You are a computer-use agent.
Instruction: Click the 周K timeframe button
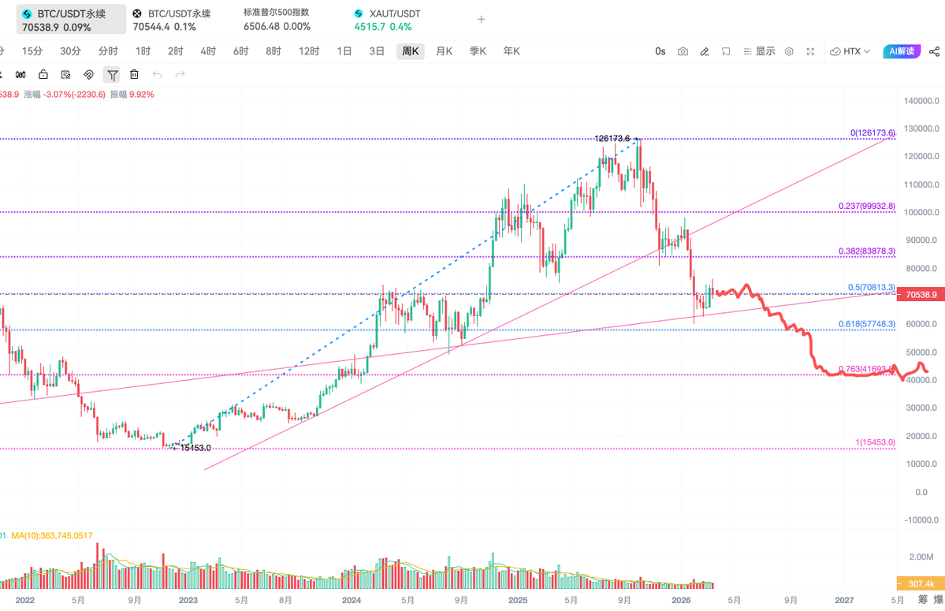[410, 51]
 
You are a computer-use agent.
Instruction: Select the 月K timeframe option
[444, 51]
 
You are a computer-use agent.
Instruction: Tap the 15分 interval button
[32, 51]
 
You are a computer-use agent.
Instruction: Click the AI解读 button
[901, 51]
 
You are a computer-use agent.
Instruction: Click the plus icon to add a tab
[482, 20]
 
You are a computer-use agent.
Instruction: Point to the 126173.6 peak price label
[612, 138]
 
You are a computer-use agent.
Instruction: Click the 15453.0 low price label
[195, 448]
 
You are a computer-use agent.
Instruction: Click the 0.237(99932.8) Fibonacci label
[867, 207]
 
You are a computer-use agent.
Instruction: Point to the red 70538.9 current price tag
[921, 295]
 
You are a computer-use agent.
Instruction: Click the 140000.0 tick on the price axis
[921, 101]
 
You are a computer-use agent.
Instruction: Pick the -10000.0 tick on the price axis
[921, 520]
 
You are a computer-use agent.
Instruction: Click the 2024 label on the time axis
[352, 600]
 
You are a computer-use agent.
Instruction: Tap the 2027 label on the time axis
[844, 600]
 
